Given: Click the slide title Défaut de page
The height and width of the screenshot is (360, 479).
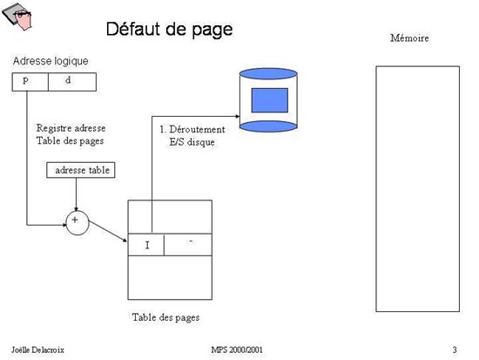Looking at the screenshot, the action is click(169, 30).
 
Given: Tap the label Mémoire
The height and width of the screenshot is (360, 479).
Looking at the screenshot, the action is click(409, 38).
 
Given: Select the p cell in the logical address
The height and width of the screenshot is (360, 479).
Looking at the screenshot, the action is click(30, 82).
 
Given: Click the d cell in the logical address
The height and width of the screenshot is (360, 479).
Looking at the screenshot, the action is click(72, 82).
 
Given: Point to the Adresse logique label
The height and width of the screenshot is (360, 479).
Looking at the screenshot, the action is click(51, 61).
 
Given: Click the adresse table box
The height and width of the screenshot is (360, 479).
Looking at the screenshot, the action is click(81, 170).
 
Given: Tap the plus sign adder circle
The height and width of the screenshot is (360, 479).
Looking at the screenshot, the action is click(78, 223).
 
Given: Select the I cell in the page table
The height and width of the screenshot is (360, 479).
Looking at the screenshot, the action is click(146, 245).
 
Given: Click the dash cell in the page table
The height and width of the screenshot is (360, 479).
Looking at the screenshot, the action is click(188, 245).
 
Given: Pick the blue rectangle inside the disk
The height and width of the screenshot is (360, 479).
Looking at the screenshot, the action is click(269, 100).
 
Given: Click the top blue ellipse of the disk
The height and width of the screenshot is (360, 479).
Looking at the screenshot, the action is click(268, 74).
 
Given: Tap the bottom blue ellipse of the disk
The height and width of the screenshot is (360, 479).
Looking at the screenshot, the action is click(268, 126).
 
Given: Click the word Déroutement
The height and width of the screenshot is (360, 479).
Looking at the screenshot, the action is click(197, 129).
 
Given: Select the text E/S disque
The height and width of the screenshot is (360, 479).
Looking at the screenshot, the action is click(192, 142).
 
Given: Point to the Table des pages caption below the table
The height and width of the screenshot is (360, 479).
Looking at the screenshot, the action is click(165, 317).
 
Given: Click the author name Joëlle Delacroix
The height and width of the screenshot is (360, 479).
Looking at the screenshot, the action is click(37, 350).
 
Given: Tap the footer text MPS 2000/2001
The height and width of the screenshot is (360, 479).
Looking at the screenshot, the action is click(237, 350).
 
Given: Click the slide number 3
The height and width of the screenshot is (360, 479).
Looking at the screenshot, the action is click(455, 350).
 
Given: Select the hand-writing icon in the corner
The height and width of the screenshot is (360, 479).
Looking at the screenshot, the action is click(17, 17).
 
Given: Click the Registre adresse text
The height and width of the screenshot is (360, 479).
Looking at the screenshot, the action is click(71, 128).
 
